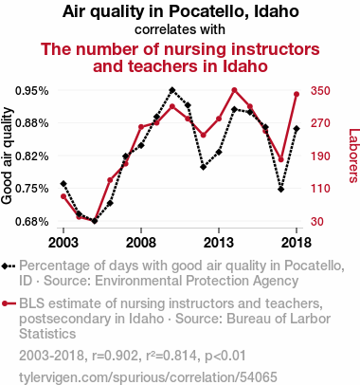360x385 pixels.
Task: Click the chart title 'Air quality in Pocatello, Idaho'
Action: coord(181,12)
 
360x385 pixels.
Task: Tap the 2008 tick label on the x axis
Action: coord(141,243)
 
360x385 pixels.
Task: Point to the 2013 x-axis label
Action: coord(219,243)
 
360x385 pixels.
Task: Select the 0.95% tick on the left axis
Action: coord(32,91)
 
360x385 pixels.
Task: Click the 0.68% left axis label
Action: coord(32,222)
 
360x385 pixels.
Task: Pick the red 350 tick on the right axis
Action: coord(320,91)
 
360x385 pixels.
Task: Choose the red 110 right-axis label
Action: coord(320,189)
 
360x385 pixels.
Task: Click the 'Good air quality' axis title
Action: coord(7,156)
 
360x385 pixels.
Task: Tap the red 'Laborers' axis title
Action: coord(353,156)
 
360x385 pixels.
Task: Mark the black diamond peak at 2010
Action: coord(172,90)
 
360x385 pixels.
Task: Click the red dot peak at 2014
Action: coord(234,90)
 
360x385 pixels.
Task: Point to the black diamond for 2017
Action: coord(281,190)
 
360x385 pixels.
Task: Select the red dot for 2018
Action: coord(297,94)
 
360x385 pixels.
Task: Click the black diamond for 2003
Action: coord(63,184)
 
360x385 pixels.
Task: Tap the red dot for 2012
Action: coord(204,136)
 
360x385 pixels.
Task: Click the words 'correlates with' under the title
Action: coord(180,29)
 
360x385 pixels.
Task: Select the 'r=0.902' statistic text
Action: coord(116,356)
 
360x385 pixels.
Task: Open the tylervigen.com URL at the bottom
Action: coord(148,377)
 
